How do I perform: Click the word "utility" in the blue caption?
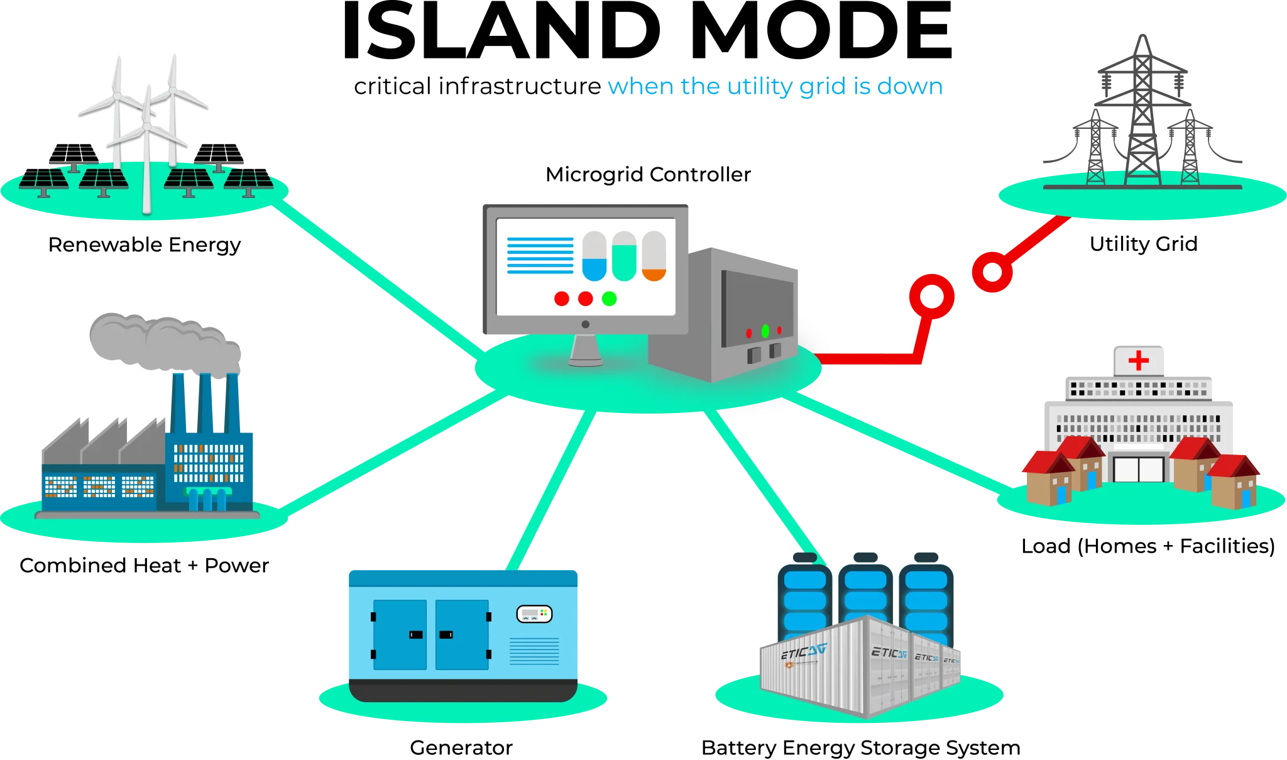click(x=760, y=87)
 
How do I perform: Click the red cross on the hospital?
click(x=1138, y=360)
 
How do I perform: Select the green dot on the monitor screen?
click(x=609, y=299)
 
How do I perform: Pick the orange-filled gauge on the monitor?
click(x=654, y=256)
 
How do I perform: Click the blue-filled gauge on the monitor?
click(x=594, y=256)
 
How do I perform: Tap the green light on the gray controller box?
click(x=765, y=331)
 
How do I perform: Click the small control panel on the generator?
click(x=534, y=614)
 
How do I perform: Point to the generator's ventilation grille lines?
click(x=534, y=651)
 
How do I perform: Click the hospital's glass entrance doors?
click(x=1138, y=469)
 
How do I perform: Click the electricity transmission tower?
click(x=1142, y=113)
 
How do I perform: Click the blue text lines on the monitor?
click(x=540, y=255)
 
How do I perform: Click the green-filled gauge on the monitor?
click(x=624, y=256)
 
